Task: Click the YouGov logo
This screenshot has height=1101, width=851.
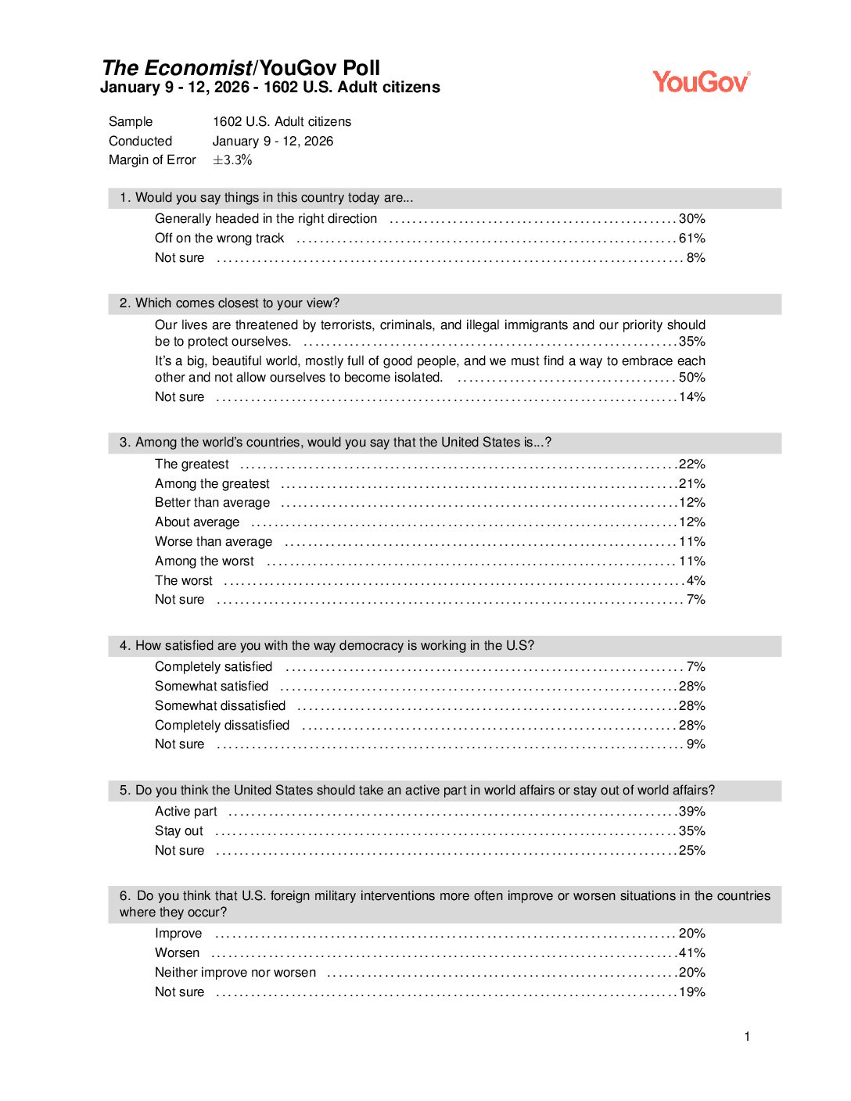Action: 701,81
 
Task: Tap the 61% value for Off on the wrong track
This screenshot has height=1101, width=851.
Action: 691,238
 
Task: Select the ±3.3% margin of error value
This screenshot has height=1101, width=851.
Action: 232,160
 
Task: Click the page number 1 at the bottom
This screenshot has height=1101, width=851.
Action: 747,1037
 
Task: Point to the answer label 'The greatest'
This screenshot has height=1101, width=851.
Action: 192,464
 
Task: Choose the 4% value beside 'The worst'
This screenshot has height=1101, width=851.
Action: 695,581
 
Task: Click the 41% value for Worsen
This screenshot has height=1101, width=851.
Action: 691,953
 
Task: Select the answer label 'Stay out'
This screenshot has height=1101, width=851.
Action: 178,831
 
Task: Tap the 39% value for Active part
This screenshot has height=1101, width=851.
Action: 691,812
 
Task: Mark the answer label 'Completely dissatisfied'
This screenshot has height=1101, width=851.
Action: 222,726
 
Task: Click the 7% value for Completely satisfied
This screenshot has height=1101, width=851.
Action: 695,667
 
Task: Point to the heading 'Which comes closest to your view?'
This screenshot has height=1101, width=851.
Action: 237,303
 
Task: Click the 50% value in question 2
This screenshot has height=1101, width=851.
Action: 691,378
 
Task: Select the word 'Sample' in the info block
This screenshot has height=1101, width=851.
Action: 131,122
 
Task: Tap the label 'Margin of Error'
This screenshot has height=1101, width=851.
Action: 152,160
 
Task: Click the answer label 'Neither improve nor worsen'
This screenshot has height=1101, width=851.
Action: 235,973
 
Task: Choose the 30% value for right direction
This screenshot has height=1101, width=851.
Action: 691,219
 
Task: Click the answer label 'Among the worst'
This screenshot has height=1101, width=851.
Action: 204,561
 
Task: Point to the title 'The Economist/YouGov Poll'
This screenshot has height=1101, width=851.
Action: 241,68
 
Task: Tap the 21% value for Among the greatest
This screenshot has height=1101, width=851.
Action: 691,484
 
